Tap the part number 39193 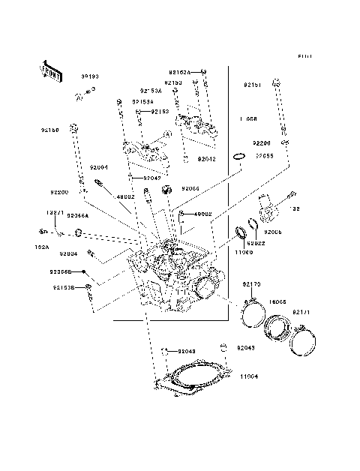(90, 76)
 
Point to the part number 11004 (249, 376)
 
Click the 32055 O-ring (239, 157)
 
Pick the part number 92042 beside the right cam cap (207, 159)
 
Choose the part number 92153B (63, 286)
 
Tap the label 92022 (257, 243)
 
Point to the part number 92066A (77, 215)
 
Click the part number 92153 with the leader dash (160, 112)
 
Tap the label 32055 (263, 155)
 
